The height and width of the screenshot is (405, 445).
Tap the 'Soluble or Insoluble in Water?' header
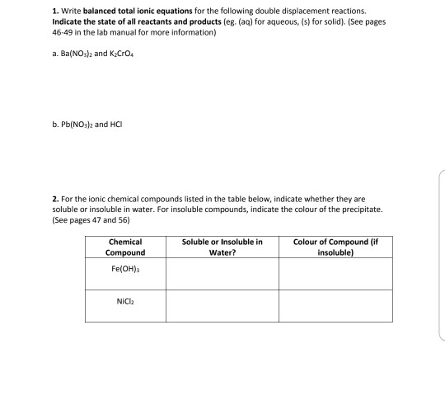click(222, 247)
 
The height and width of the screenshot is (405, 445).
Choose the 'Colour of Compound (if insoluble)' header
click(334, 247)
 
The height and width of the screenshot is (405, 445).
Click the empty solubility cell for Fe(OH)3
click(222, 274)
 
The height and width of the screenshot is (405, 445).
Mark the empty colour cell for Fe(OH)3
click(334, 274)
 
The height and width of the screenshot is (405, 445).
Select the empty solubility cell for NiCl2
click(222, 308)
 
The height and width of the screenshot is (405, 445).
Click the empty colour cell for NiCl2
click(334, 308)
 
